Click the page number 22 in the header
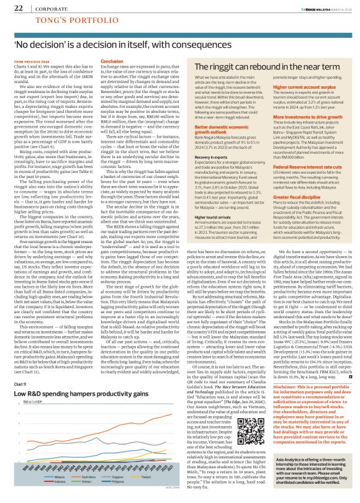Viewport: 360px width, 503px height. point(18,8)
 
